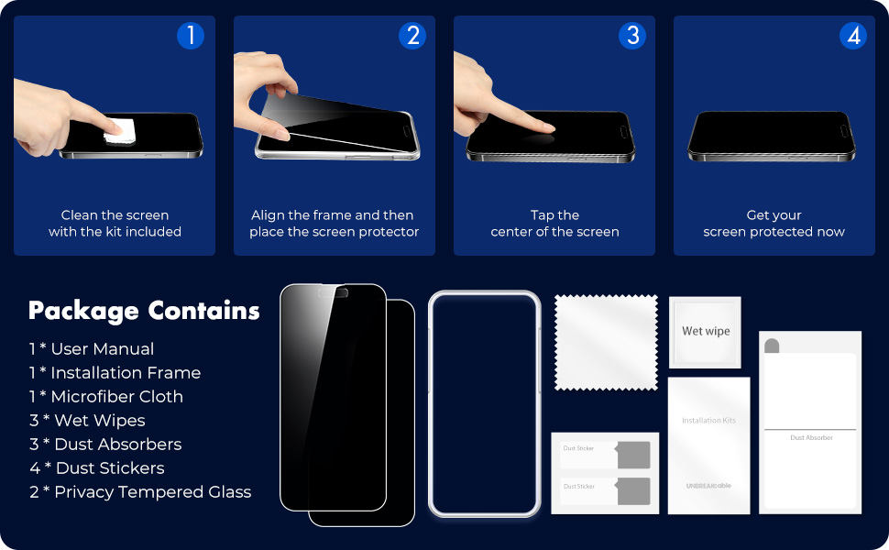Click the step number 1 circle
(190, 36)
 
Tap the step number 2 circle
(412, 36)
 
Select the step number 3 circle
(632, 36)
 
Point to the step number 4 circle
(853, 36)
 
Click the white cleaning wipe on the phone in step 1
(120, 131)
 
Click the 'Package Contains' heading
(144, 311)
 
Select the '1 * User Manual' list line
(91, 349)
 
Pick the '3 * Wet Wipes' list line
(87, 421)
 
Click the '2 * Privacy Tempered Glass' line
(139, 492)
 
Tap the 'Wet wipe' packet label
(706, 331)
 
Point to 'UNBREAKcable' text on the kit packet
(708, 485)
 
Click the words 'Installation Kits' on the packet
(708, 421)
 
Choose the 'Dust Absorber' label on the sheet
(811, 438)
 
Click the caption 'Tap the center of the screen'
(554, 224)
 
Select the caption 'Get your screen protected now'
(774, 224)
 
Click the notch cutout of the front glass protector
(338, 295)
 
